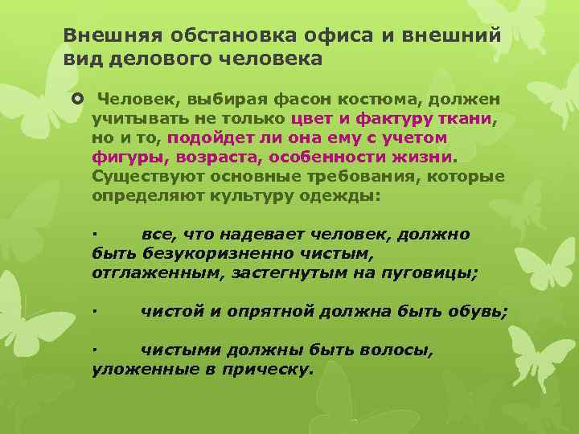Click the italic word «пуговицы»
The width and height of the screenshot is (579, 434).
434,272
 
